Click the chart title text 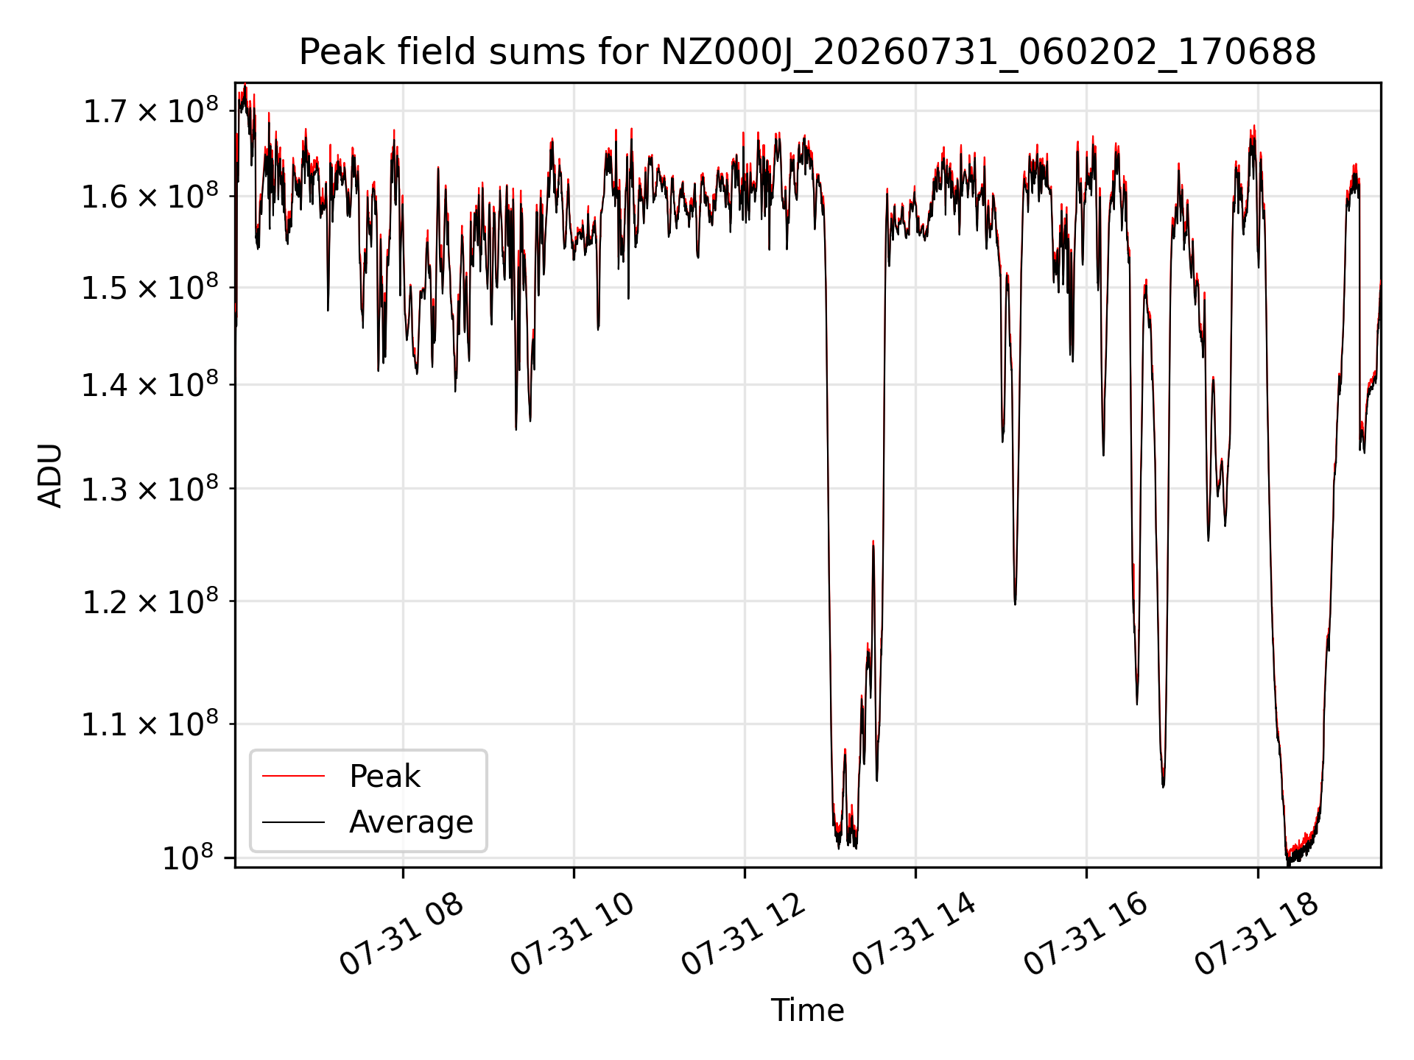[807, 52]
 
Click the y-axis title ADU [50, 476]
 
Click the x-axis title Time [807, 1010]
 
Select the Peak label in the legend [384, 776]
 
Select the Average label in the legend [411, 821]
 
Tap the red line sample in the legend [293, 776]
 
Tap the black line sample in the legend [293, 821]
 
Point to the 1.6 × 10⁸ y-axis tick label [150, 196]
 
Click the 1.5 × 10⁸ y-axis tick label [150, 287]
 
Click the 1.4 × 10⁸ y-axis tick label [150, 384]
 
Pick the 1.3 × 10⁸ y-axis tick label [150, 488]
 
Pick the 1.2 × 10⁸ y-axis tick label [150, 601]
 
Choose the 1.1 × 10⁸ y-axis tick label [150, 724]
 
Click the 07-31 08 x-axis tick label [401, 933]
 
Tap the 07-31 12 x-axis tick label [743, 933]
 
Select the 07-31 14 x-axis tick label [914, 933]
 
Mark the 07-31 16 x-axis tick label [1086, 933]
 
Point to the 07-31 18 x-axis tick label [1256, 933]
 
